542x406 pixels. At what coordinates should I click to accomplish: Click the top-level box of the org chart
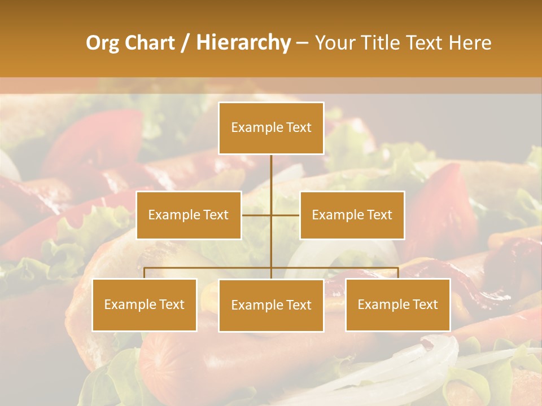click(x=271, y=128)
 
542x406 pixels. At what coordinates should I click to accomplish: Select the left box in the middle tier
click(x=189, y=215)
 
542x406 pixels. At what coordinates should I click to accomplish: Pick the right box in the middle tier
click(x=352, y=215)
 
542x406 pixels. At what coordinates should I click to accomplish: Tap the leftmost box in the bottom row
click(x=145, y=304)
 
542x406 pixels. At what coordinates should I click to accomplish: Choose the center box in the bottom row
click(x=271, y=305)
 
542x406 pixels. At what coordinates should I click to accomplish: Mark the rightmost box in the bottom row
click(x=398, y=304)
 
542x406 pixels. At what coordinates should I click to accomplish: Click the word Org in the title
click(x=102, y=43)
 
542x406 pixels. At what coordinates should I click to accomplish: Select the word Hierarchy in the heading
click(x=243, y=43)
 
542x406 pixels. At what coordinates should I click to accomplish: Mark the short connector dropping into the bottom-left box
click(x=145, y=273)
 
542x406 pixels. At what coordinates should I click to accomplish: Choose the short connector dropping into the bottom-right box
click(x=398, y=273)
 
